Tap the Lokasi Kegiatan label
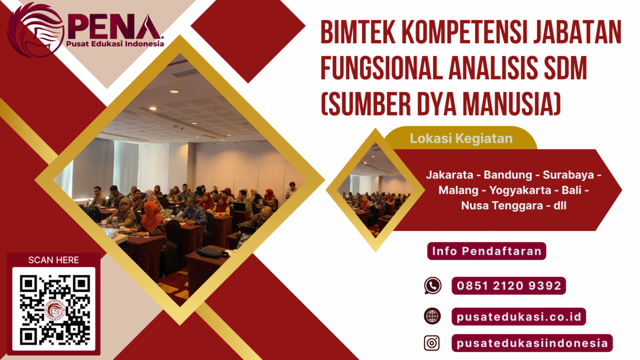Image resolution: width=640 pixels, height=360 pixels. (461, 138)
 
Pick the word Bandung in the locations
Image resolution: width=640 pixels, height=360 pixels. (508, 175)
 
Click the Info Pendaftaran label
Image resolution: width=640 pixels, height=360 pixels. (486, 251)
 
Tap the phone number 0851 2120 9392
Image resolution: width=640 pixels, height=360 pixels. (509, 286)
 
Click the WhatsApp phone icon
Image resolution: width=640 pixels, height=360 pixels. (432, 286)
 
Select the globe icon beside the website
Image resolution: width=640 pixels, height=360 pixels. (432, 316)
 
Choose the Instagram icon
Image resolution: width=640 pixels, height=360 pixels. (432, 343)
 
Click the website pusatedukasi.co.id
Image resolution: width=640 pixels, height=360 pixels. (518, 316)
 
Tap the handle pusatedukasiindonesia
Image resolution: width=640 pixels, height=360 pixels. (532, 343)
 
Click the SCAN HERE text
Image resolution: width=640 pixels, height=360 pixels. (53, 260)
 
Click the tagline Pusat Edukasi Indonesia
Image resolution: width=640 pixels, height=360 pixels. (114, 43)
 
